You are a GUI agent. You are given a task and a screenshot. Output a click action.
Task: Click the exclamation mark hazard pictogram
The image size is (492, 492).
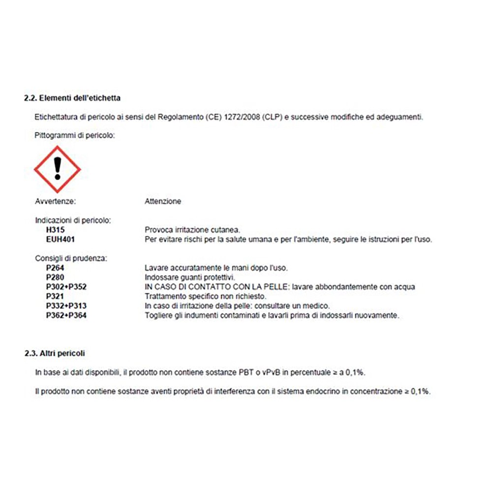(x=57, y=169)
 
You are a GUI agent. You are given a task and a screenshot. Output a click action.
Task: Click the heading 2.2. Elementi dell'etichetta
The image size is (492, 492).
(x=72, y=98)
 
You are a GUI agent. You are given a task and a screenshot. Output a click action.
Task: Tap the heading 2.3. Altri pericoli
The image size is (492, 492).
(x=55, y=353)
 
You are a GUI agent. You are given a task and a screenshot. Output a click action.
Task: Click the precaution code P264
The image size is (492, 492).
(x=55, y=268)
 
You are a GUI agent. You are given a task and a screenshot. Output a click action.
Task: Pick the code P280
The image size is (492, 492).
(x=55, y=277)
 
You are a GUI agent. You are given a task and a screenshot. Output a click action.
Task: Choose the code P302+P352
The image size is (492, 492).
(x=66, y=287)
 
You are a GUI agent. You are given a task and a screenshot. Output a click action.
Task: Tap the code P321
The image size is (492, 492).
(x=55, y=296)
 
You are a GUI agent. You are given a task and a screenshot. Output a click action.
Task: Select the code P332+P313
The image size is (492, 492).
(x=66, y=306)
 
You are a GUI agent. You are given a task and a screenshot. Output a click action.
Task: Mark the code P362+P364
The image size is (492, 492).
(x=66, y=315)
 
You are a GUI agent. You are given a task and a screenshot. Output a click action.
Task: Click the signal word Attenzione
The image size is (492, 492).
(x=163, y=201)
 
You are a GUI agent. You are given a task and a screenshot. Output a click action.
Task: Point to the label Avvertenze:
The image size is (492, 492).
(x=56, y=201)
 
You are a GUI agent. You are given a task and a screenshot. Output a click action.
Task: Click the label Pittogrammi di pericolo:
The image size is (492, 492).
(x=75, y=135)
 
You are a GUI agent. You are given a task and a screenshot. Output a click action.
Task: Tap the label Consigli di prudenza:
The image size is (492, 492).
(x=71, y=258)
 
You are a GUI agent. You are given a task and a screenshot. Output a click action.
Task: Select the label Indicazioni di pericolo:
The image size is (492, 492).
(x=73, y=220)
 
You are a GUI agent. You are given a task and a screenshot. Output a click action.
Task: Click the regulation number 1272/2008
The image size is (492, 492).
(x=243, y=117)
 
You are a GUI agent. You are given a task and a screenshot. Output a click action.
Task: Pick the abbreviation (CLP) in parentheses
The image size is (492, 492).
(x=273, y=117)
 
